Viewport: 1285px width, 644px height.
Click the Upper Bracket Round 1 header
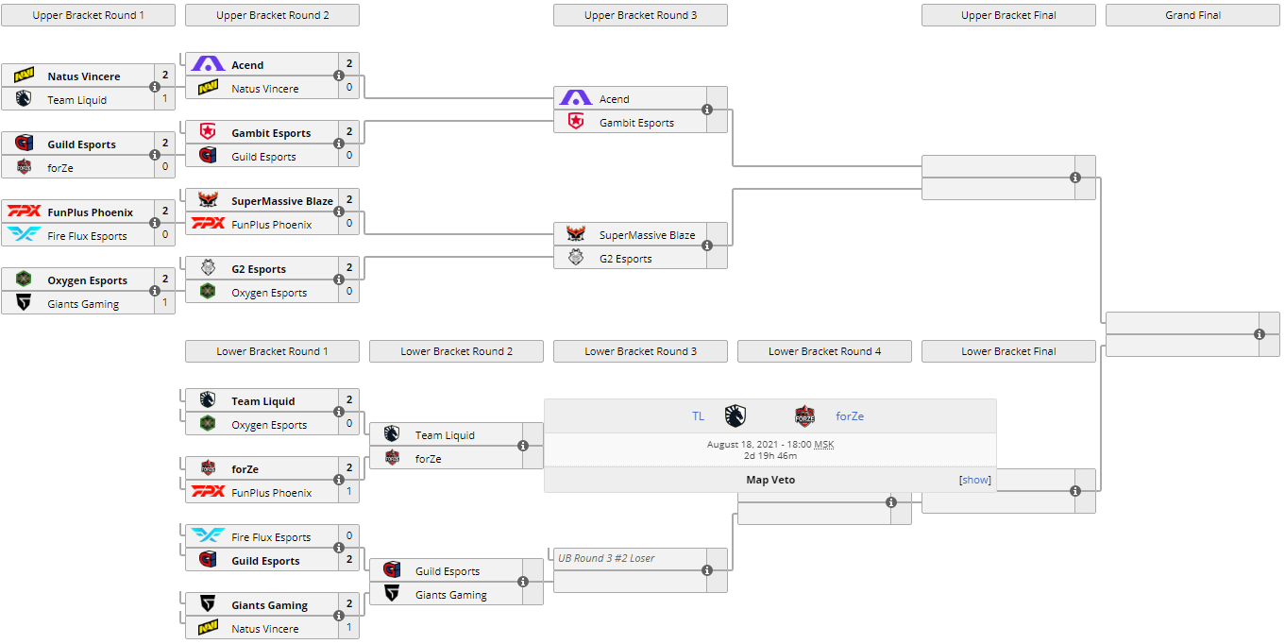click(89, 15)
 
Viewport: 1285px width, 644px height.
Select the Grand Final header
click(1192, 15)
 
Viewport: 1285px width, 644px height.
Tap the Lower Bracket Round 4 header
click(824, 351)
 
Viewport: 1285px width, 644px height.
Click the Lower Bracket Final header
click(1008, 351)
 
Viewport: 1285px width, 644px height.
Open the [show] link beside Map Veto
click(975, 480)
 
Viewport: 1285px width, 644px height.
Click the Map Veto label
click(770, 480)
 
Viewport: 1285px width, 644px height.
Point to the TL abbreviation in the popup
click(698, 416)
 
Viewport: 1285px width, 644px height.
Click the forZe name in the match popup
click(850, 416)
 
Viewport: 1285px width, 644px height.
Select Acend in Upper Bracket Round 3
click(614, 99)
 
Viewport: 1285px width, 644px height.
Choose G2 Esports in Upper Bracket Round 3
click(625, 259)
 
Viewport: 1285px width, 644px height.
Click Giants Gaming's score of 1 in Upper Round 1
click(165, 303)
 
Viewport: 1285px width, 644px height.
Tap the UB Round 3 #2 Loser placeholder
click(606, 558)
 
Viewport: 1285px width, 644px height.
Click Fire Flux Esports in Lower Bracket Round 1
click(271, 537)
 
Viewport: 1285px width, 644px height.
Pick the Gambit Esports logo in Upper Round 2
click(208, 133)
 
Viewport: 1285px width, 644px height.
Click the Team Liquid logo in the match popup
click(735, 415)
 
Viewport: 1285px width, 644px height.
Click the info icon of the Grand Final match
click(1260, 334)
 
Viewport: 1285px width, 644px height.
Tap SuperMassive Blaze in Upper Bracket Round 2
click(281, 201)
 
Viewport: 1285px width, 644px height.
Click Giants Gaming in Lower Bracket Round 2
click(450, 595)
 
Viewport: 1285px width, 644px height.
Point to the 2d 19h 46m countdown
click(770, 455)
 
